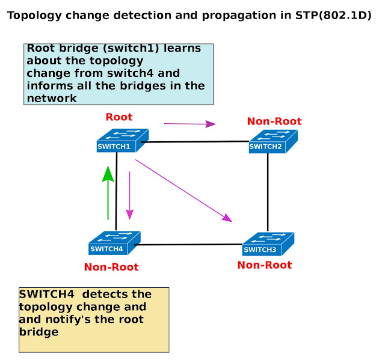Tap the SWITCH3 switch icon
(268, 244)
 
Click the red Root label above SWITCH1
(119, 117)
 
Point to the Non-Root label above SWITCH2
(274, 121)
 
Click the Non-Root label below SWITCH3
(265, 265)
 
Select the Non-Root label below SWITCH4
(111, 267)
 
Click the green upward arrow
(108, 192)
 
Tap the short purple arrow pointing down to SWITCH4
(129, 195)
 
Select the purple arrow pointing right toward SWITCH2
(189, 124)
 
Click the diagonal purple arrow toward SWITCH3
(183, 190)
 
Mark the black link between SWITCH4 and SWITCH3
(189, 245)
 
